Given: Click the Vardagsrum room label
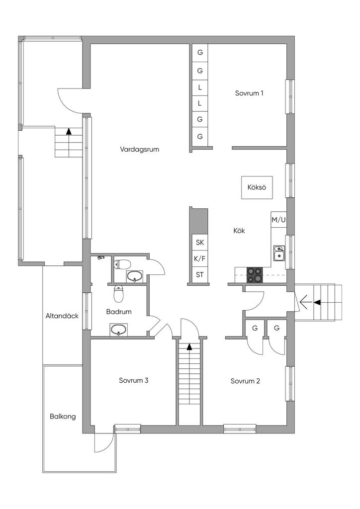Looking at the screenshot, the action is (140, 150).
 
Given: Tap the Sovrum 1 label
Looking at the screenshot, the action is (249, 93).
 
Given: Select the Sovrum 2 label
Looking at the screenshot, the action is (245, 381).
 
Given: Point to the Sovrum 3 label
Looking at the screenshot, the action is (133, 380).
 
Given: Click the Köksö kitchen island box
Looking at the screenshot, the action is (257, 187).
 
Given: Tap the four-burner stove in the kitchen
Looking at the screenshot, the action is (255, 274).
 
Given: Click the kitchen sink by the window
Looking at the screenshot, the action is (278, 253).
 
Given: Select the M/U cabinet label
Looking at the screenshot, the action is (278, 220).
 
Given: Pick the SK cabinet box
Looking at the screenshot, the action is (199, 242).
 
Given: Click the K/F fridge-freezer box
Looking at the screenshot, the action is (199, 258).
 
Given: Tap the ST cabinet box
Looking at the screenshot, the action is (199, 275).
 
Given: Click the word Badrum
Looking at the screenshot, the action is (119, 312).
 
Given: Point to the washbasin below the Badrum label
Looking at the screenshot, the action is (118, 330).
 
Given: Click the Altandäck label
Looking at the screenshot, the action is (62, 316).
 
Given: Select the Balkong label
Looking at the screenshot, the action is (63, 416).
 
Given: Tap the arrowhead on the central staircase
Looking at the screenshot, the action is (189, 346).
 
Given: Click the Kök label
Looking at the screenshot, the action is (239, 231).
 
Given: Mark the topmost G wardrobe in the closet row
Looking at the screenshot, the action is (199, 52).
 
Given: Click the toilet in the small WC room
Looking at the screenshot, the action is (122, 264).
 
